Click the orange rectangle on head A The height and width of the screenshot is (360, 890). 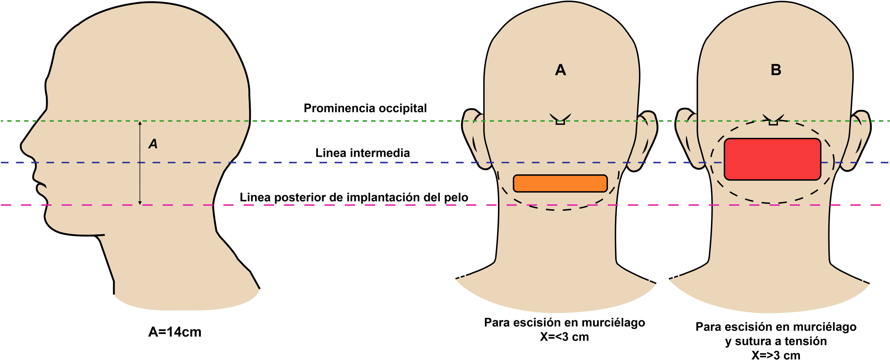point(560,183)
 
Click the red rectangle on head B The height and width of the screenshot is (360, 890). point(772,159)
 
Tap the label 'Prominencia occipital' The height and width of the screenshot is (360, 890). point(365,108)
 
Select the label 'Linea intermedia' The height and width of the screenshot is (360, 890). point(362,153)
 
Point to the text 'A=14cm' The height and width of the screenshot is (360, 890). point(175,332)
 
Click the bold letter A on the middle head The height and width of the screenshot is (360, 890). point(561,70)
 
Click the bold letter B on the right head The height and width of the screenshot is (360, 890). point(776,70)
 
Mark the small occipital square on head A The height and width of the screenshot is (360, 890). point(560,122)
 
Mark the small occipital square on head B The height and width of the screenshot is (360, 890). point(773,122)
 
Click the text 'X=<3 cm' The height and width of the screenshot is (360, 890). point(564,337)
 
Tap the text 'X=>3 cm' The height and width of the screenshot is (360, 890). point(776,355)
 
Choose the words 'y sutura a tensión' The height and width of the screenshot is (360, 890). point(776,341)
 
